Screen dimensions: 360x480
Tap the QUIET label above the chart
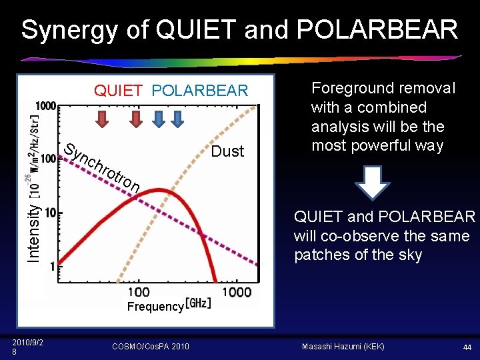[118, 91]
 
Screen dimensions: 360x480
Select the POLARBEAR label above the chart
[199, 91]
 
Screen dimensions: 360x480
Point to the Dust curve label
[227, 151]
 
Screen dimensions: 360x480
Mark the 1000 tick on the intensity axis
[46, 105]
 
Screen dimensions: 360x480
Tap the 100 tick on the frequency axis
[138, 292]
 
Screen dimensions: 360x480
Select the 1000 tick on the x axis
[236, 292]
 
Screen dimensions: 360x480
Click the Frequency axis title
[155, 307]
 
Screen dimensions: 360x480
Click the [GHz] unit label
[198, 303]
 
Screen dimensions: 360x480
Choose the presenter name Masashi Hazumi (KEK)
[344, 347]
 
